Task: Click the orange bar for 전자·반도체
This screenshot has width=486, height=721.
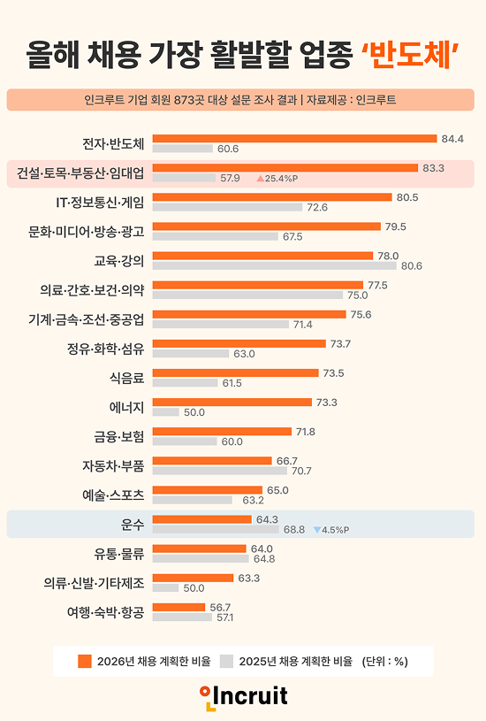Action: click(294, 139)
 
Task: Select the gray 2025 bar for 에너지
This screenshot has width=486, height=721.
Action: click(165, 412)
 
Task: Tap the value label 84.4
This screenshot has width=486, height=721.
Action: click(453, 139)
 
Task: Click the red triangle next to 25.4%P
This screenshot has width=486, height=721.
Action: click(260, 178)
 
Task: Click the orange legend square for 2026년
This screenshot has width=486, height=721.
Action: click(85, 661)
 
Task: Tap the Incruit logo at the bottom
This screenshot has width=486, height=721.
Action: click(243, 695)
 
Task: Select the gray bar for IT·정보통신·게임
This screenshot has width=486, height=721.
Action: click(228, 207)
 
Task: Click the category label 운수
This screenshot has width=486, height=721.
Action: click(131, 524)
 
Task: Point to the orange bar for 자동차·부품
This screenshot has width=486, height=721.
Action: click(212, 461)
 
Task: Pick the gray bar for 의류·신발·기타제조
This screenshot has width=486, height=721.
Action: click(165, 587)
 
